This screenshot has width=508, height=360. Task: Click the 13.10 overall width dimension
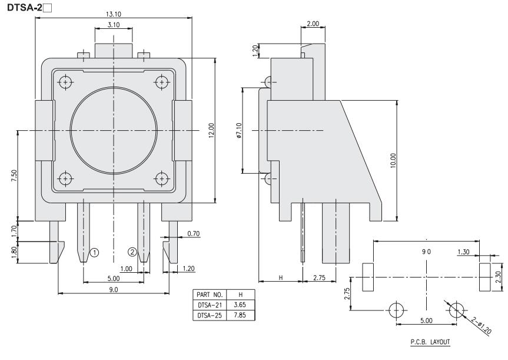[114, 14]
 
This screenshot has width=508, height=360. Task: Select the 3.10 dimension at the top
[114, 24]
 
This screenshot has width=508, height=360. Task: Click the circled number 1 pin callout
[94, 252]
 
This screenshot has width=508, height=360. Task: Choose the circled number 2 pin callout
[132, 252]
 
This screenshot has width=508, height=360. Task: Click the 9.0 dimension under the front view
[113, 289]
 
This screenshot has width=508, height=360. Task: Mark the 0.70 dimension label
[193, 234]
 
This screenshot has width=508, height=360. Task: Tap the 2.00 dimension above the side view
[313, 23]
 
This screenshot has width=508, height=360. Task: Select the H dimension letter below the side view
[280, 277]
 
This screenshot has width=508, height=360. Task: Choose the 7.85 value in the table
[240, 315]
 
